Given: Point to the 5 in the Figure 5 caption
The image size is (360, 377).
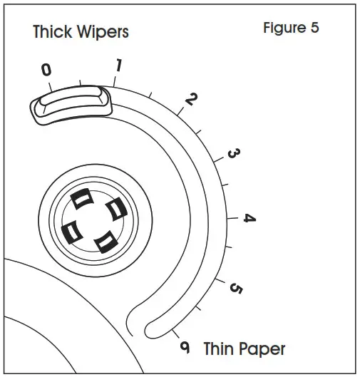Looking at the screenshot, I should (314, 29).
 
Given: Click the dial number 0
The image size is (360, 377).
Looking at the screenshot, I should (46, 69).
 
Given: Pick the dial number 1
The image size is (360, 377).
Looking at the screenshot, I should (118, 66).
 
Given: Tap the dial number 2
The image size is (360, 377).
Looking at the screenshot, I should (190, 99).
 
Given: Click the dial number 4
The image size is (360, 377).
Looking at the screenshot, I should (249, 218).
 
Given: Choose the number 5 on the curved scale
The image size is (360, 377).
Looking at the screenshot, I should (236, 289).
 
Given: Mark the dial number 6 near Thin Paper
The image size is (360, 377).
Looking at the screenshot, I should (185, 347).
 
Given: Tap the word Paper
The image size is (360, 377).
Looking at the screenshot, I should (263, 349).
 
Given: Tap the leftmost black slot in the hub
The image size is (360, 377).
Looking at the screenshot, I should (71, 230).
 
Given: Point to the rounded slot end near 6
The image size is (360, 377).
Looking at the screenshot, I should (151, 329).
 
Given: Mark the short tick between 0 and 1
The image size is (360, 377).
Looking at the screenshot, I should (81, 84).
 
